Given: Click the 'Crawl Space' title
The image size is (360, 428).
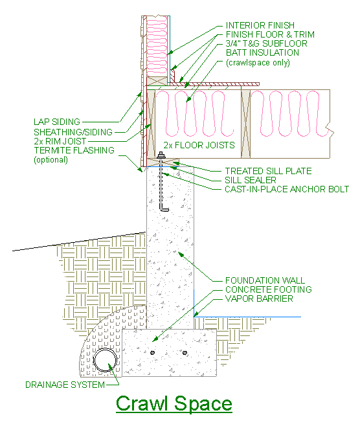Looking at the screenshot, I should tap(174, 403).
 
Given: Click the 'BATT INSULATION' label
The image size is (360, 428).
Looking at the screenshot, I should tap(262, 52).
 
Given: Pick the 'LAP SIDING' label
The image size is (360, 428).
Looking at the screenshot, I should tap(57, 122).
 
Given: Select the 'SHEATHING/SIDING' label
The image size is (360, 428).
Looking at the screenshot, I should tap(73, 131).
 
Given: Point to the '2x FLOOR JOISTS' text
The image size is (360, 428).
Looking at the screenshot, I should tap(199, 146).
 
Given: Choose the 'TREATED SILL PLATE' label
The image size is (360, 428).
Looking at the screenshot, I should tap(268, 171).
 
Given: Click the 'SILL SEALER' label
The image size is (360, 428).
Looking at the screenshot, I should tap(251, 180).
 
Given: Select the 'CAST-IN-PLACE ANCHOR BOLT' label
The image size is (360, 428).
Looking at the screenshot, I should tap(287, 189).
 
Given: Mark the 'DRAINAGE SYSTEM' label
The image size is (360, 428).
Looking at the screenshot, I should tap(65, 385).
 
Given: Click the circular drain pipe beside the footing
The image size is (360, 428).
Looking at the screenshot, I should tap(104, 361).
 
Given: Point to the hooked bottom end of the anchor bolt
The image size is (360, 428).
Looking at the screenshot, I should tap(164, 209).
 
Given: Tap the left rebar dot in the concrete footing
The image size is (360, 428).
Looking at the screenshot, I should tap(153, 353).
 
